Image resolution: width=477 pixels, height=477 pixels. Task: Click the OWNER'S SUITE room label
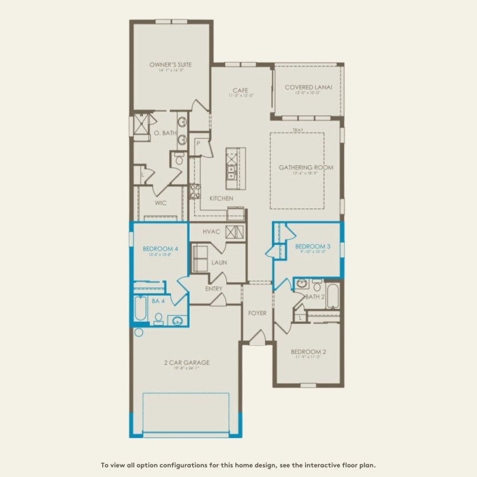(x=170, y=65)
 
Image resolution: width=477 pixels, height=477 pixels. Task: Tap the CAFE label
(x=239, y=90)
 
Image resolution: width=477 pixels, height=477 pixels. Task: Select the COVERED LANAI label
(x=308, y=87)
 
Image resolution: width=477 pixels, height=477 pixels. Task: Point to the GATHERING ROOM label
(x=306, y=167)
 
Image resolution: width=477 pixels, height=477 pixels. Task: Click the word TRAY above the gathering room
(x=298, y=130)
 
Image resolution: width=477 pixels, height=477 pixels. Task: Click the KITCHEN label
(x=221, y=198)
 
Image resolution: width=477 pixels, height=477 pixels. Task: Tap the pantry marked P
(x=198, y=144)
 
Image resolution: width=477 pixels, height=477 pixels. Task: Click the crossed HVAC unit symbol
(x=235, y=232)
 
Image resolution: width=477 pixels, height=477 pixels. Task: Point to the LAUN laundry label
(x=219, y=262)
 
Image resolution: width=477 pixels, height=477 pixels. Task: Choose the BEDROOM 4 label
(x=157, y=248)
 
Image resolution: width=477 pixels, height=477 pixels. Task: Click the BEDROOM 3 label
(x=312, y=246)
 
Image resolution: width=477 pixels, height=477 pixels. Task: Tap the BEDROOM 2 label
(x=308, y=351)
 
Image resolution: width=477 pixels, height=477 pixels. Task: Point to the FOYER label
(x=257, y=313)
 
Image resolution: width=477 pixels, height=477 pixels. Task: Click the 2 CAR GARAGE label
(x=187, y=362)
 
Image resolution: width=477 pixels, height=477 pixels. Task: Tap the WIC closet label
(x=161, y=202)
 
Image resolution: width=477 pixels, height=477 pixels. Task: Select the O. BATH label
(x=165, y=133)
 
